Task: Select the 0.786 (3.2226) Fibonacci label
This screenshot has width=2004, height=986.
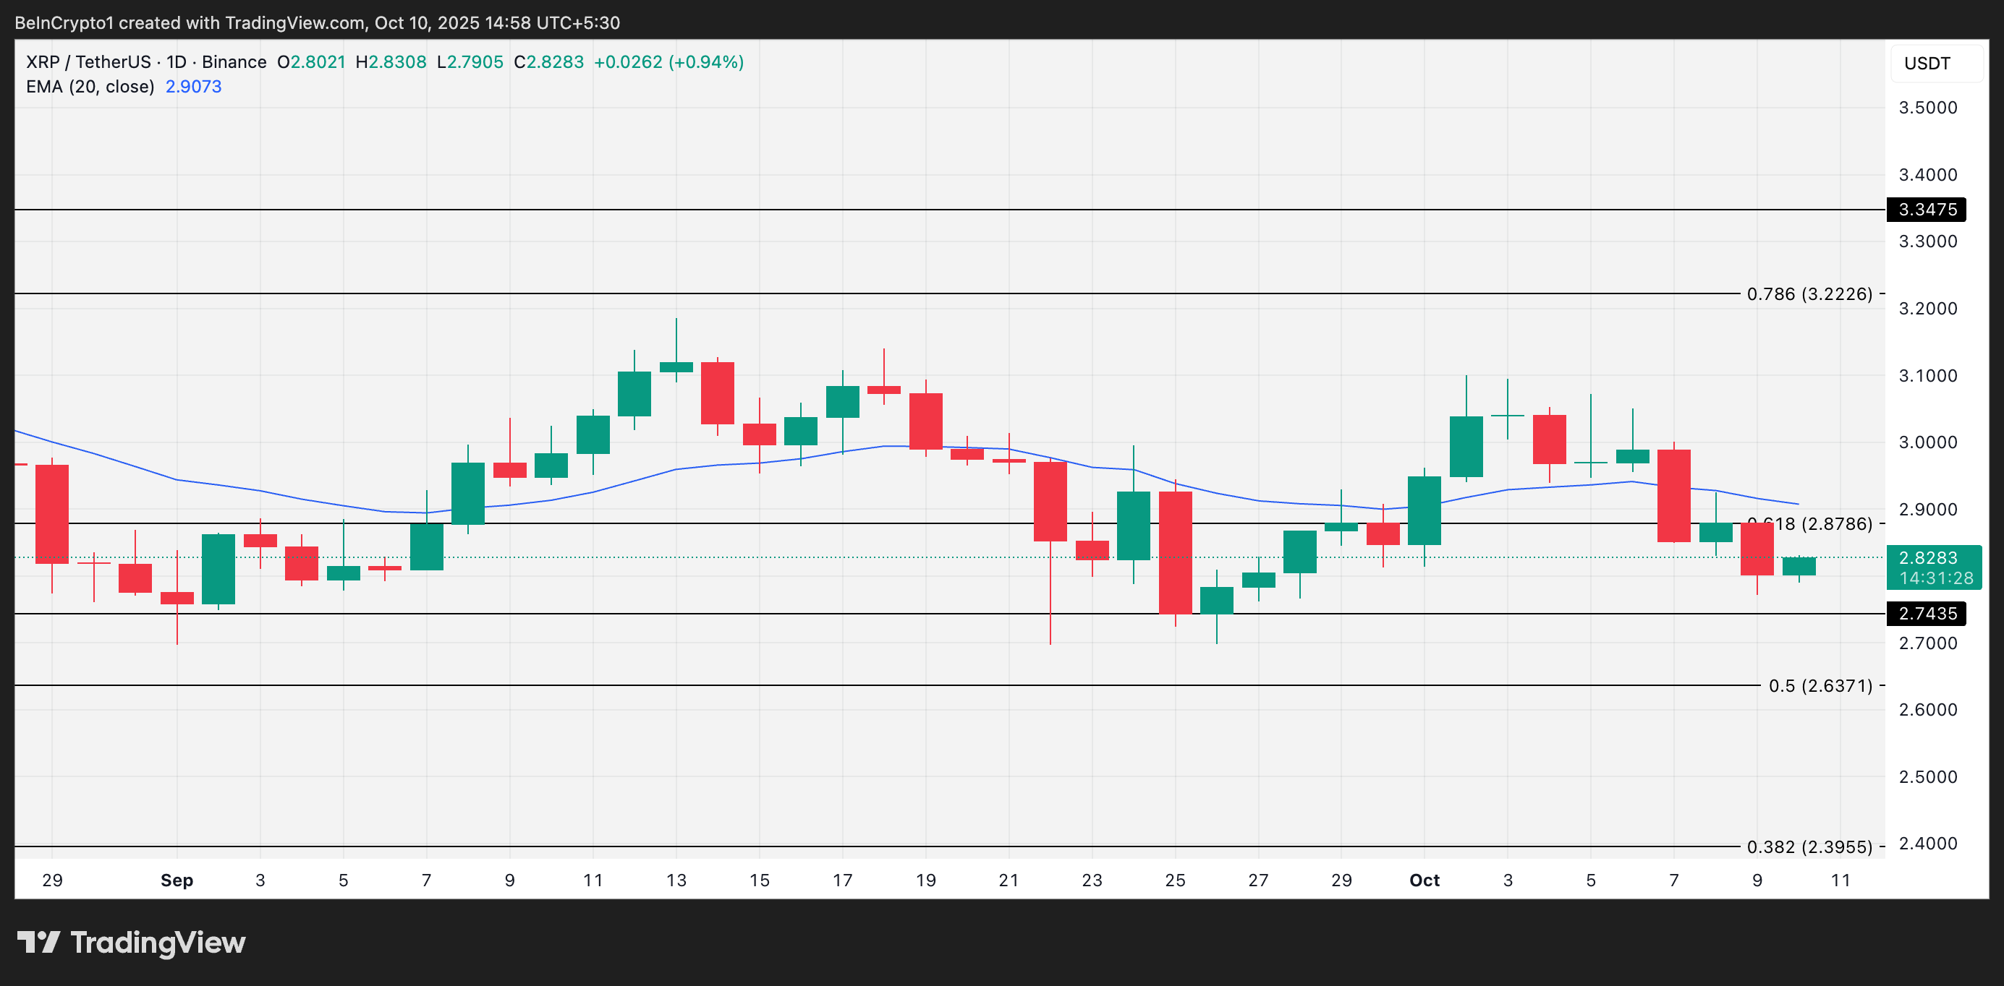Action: click(1809, 294)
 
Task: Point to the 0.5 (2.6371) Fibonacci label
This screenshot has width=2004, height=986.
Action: click(1820, 686)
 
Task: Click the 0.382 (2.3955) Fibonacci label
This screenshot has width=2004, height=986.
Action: click(1809, 846)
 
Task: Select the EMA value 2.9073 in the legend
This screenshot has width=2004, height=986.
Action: click(193, 86)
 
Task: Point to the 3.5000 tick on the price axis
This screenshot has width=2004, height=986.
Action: click(1928, 107)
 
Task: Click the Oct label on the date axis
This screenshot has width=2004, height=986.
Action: click(1425, 880)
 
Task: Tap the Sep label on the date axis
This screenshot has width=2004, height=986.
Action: click(177, 880)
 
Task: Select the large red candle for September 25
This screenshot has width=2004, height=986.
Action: click(1175, 552)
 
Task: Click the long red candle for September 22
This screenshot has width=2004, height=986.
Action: click(1050, 502)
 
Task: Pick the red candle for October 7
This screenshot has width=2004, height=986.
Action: click(1674, 495)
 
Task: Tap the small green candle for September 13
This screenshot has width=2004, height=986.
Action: click(676, 367)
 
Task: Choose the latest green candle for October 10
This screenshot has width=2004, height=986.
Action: click(1799, 566)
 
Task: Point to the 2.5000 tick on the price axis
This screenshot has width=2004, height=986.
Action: click(1928, 777)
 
